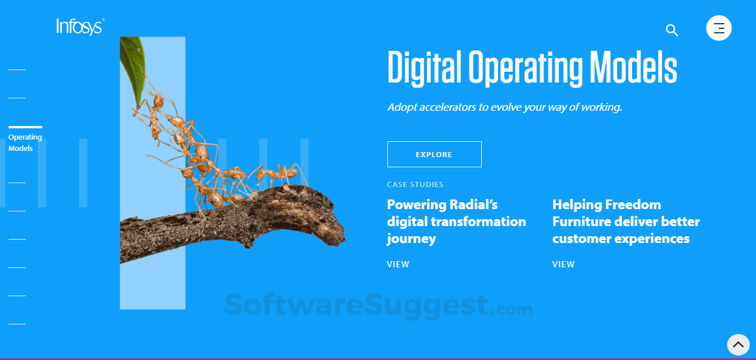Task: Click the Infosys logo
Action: (x=80, y=27)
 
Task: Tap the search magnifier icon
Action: (x=672, y=30)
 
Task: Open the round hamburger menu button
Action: (x=719, y=28)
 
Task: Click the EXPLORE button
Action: (x=434, y=154)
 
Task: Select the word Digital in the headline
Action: (x=424, y=67)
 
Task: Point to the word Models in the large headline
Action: (x=633, y=67)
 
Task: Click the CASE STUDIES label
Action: (x=415, y=185)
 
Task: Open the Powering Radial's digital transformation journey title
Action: (x=456, y=222)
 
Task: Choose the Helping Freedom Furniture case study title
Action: (x=626, y=222)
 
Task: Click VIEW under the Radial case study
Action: (x=398, y=264)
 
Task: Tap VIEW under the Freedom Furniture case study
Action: (x=563, y=264)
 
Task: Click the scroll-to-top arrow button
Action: (x=738, y=345)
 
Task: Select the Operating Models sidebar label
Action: (x=25, y=143)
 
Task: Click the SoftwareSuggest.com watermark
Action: (x=378, y=306)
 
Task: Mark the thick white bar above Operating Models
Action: (x=25, y=127)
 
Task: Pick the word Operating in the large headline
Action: (x=525, y=67)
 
